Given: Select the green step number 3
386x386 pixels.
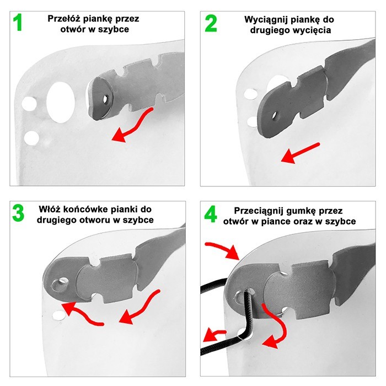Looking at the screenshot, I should [x=19, y=215].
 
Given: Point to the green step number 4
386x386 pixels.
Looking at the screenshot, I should [x=211, y=215].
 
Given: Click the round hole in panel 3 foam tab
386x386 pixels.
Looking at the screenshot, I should [x=57, y=285].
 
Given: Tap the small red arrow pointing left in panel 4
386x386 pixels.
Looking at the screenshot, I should [x=212, y=334].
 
